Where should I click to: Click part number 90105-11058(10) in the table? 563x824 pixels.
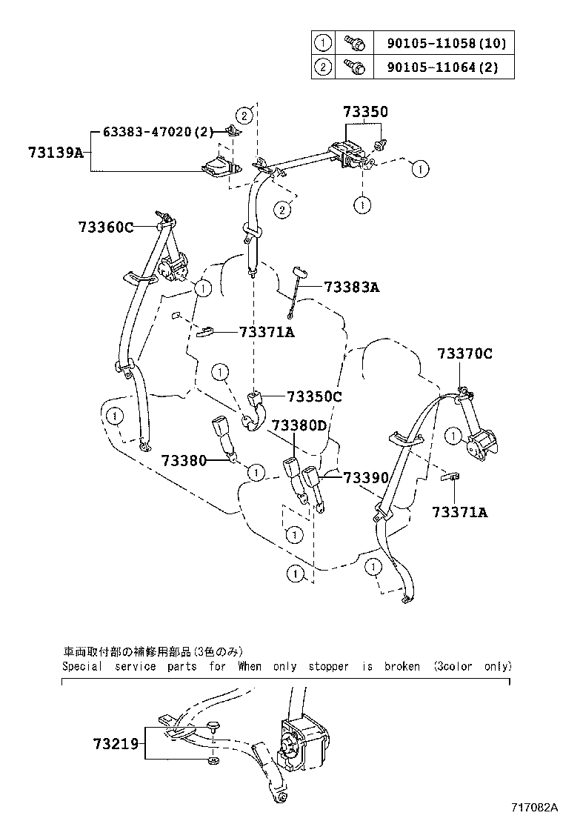coord(447,43)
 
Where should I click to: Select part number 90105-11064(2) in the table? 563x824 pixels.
coord(442,67)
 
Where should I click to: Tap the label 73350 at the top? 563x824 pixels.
coord(365,112)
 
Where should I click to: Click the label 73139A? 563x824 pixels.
coord(56,153)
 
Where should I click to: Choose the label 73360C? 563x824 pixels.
coord(105,227)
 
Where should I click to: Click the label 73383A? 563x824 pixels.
coord(351,287)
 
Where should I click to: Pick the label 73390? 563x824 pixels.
coord(366,478)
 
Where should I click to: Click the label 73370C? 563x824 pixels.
coord(464,353)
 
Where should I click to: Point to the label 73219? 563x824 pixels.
coord(116,742)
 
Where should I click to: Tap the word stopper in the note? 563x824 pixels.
coord(327,666)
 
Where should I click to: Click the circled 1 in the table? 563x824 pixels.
coord(324,43)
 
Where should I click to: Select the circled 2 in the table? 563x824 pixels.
coord(324,67)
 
